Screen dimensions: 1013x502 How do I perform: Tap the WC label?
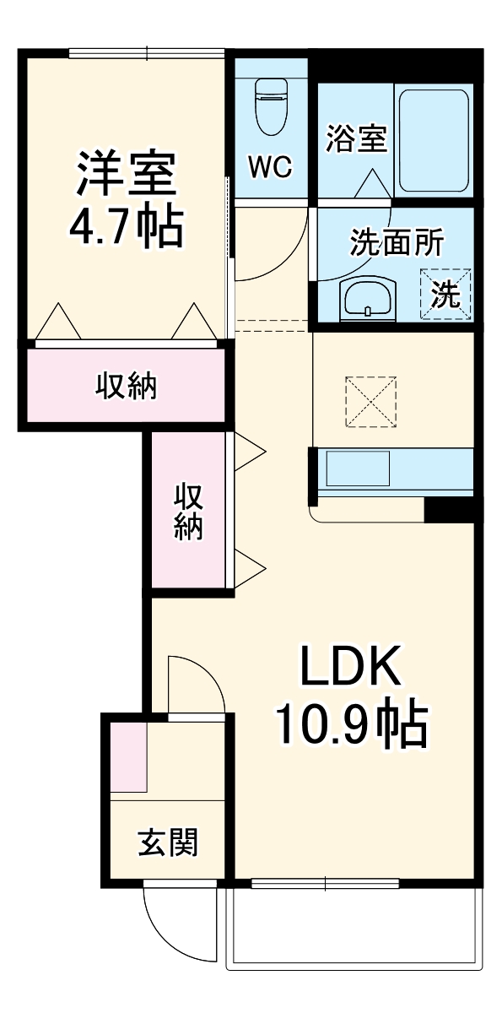tap(269, 167)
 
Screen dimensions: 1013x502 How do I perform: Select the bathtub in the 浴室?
tap(434, 140)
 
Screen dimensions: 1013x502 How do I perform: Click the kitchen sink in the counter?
tap(358, 467)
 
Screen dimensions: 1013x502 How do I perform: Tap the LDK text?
tap(350, 671)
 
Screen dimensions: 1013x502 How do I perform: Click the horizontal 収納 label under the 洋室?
tap(125, 387)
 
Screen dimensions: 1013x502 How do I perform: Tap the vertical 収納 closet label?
tap(189, 511)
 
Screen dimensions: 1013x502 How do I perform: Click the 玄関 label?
tap(169, 842)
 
